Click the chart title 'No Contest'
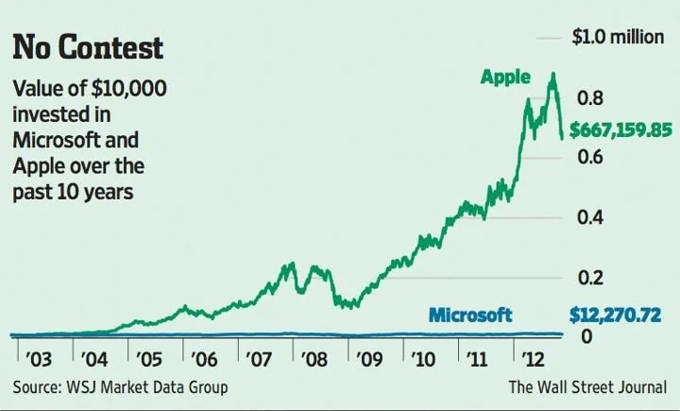click(x=88, y=48)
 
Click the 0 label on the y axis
click(x=586, y=336)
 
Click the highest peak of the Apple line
click(x=552, y=74)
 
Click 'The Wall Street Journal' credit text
click(x=587, y=387)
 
